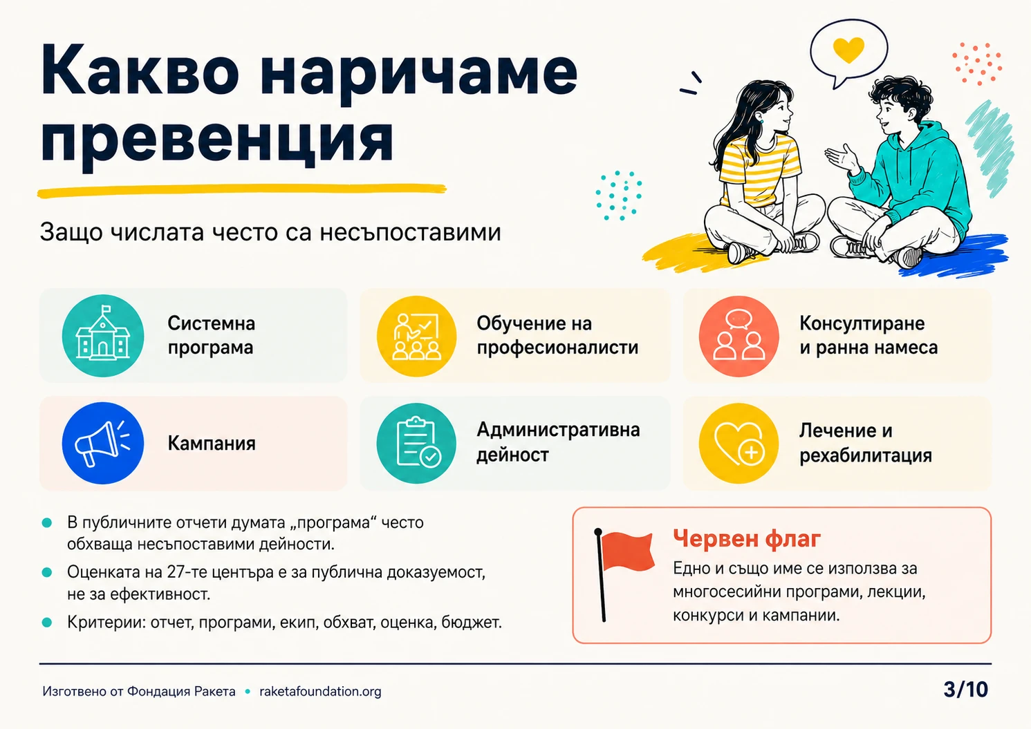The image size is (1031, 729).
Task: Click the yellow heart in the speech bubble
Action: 848,50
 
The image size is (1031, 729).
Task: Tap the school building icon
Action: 103,335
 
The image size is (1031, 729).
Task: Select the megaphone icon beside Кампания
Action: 103,443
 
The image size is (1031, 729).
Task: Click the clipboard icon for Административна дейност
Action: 416,443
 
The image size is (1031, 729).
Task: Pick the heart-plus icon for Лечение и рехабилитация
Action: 739,443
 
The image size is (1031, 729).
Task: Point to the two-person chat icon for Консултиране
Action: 739,336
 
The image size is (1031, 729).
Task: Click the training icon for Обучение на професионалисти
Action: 416,336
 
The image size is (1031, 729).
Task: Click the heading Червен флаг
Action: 747,538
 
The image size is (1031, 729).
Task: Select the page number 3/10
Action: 965,690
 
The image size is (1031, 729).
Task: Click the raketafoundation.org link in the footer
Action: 320,691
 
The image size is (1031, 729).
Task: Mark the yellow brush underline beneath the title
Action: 241,191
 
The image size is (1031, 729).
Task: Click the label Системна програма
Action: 212,335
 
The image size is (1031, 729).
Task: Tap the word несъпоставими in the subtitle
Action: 410,232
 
